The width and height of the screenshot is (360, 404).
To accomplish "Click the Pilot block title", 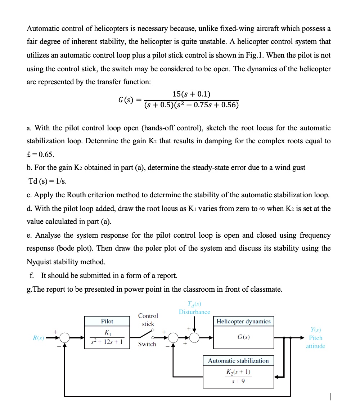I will [x=107, y=321].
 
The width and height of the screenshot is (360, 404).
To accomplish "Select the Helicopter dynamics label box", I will [x=243, y=321].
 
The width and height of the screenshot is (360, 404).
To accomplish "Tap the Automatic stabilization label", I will [x=238, y=360].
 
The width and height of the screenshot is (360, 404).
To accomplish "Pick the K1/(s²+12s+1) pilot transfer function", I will [x=107, y=338].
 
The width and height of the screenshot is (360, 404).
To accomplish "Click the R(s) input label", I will [x=39, y=338].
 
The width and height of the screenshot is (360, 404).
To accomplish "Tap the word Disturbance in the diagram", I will [x=194, y=312].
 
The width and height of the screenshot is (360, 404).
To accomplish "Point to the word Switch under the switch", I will [x=147, y=344].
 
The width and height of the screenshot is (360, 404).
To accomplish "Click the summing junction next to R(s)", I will [x=64, y=338].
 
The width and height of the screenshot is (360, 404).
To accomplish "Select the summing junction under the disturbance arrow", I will [x=194, y=338].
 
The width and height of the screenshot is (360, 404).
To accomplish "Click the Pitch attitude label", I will [x=315, y=342].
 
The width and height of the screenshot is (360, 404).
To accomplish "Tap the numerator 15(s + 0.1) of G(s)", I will [x=191, y=94].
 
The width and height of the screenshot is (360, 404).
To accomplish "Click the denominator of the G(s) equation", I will [x=191, y=106].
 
